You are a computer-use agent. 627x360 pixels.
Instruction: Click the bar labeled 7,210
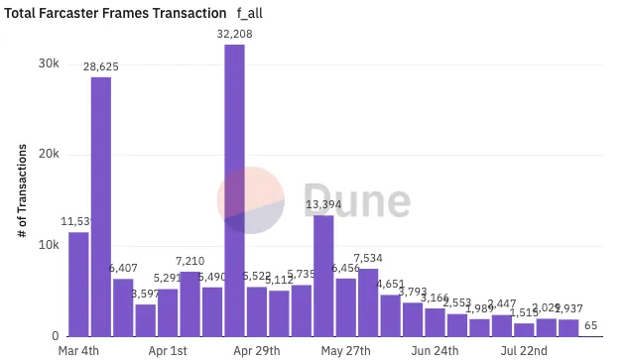pos(189,303)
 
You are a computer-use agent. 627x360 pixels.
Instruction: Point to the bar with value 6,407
pos(123,306)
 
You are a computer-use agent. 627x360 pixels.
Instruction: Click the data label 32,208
pos(234,34)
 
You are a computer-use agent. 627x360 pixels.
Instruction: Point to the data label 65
pos(590,324)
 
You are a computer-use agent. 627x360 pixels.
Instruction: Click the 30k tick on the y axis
pos(49,63)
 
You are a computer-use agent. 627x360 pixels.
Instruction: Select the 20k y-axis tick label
pos(49,155)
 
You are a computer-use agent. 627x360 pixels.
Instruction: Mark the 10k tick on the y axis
pos(49,245)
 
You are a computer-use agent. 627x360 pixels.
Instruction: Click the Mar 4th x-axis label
pos(78,350)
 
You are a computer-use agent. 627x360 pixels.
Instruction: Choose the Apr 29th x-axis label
pos(257,350)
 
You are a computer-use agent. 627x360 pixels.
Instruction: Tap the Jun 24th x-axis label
pos(435,350)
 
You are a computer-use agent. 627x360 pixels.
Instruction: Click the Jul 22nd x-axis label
pos(524,350)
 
